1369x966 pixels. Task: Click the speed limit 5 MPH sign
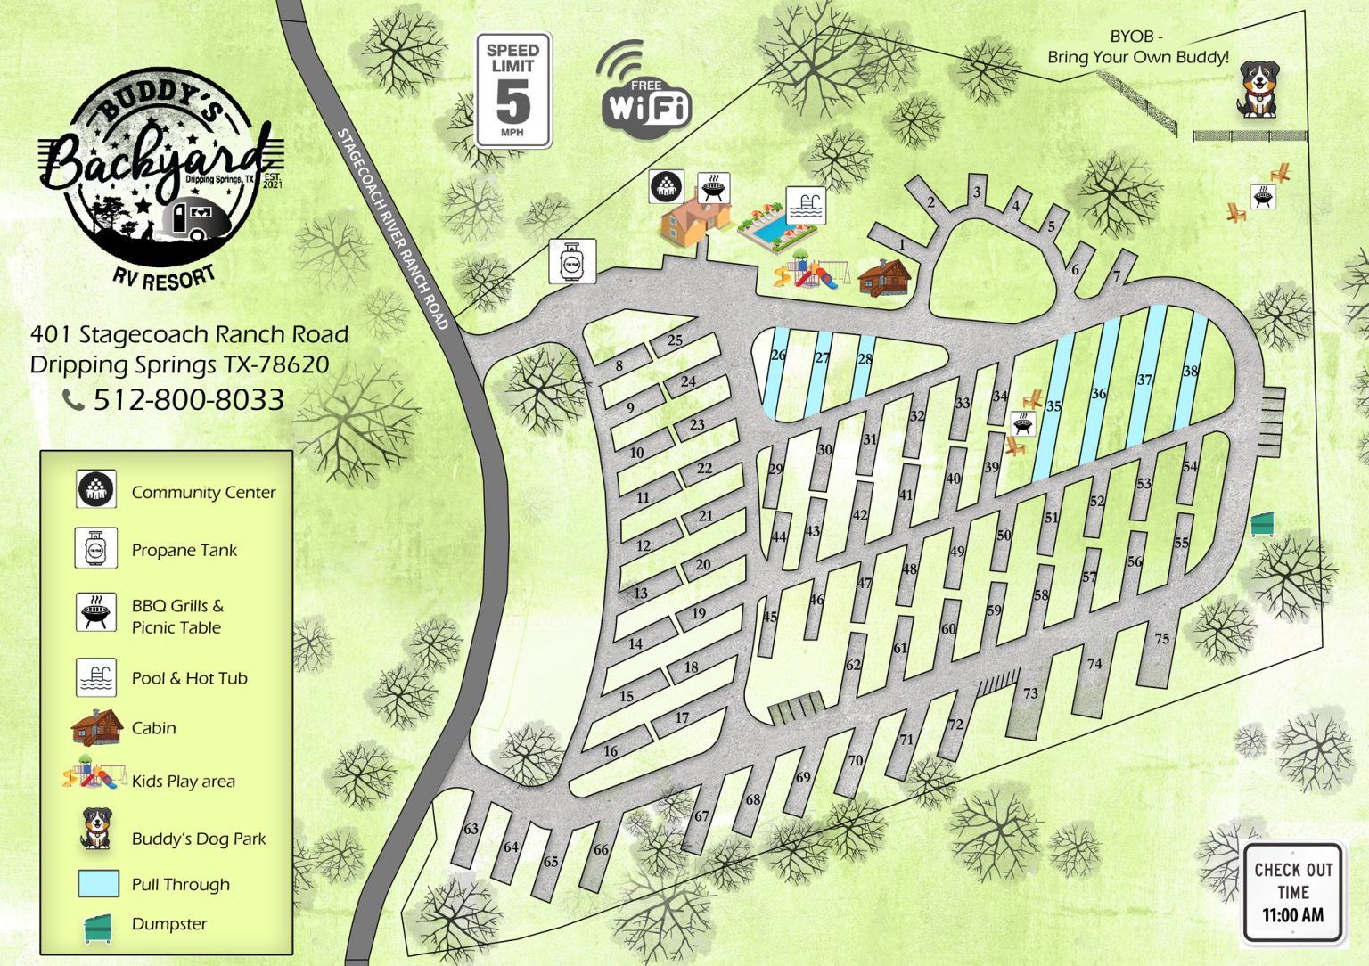[x=513, y=91]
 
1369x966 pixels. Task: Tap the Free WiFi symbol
[x=644, y=95]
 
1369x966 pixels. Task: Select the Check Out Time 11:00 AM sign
[x=1292, y=892]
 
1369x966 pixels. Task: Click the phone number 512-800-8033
[x=188, y=400]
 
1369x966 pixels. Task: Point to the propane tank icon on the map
[x=571, y=262]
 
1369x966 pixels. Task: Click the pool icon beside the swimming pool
[x=805, y=206]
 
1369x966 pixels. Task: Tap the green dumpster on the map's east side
[x=1262, y=524]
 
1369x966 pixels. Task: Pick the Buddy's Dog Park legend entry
[x=198, y=839]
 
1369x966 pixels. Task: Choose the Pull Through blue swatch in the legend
[x=98, y=883]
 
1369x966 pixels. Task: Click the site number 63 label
[x=471, y=829]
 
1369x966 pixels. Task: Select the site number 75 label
[x=1161, y=638]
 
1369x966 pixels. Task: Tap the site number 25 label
[x=675, y=340]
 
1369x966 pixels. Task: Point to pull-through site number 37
[x=1144, y=380]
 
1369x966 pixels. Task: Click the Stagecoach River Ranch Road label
[x=391, y=229]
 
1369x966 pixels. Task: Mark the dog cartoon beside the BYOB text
[x=1258, y=89]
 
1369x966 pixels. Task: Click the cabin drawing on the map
[x=883, y=278]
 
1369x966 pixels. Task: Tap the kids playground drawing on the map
[x=807, y=271]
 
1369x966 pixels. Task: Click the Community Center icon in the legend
[x=95, y=489]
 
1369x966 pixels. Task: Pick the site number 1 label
[x=902, y=244]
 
